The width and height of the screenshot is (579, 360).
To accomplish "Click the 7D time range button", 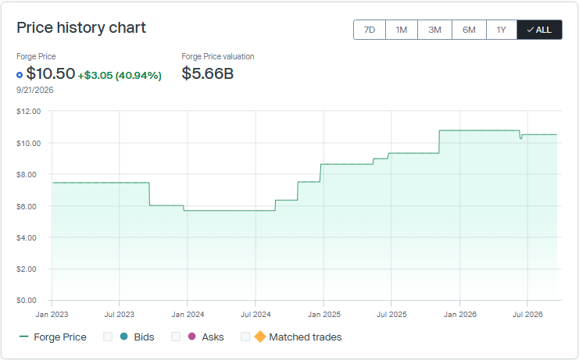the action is pyautogui.click(x=370, y=30).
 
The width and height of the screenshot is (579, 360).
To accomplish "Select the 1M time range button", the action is pyautogui.click(x=402, y=30).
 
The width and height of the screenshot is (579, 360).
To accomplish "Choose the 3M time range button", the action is pyautogui.click(x=434, y=30).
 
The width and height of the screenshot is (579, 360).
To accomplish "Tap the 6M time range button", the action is pyautogui.click(x=469, y=30).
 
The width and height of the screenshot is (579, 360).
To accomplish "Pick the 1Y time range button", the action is pyautogui.click(x=502, y=30).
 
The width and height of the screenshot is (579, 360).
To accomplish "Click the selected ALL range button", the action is pyautogui.click(x=539, y=30).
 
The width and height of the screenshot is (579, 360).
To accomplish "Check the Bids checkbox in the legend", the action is pyautogui.click(x=108, y=337).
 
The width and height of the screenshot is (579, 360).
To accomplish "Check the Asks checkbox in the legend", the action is pyautogui.click(x=176, y=337).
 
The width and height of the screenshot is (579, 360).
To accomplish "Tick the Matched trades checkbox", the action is pyautogui.click(x=245, y=337).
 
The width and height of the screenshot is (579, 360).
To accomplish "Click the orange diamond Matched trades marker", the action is pyautogui.click(x=260, y=337).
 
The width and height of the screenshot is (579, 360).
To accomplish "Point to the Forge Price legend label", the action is pyautogui.click(x=60, y=337).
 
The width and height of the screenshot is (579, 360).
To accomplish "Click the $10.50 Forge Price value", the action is pyautogui.click(x=51, y=73).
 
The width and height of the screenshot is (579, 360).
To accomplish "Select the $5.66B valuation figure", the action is pyautogui.click(x=208, y=73).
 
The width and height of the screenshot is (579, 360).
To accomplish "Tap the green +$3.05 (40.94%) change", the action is pyautogui.click(x=120, y=76).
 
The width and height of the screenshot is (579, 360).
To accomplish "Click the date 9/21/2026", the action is pyautogui.click(x=34, y=90).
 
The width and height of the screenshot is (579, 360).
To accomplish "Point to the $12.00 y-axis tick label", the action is pyautogui.click(x=28, y=112).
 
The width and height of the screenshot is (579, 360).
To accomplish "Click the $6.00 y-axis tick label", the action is pyautogui.click(x=27, y=207).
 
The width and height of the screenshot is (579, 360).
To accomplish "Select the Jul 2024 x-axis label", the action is pyautogui.click(x=256, y=315).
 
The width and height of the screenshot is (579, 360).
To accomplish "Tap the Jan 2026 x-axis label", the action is pyautogui.click(x=459, y=315).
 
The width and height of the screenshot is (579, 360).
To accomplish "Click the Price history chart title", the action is pyautogui.click(x=81, y=28).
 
